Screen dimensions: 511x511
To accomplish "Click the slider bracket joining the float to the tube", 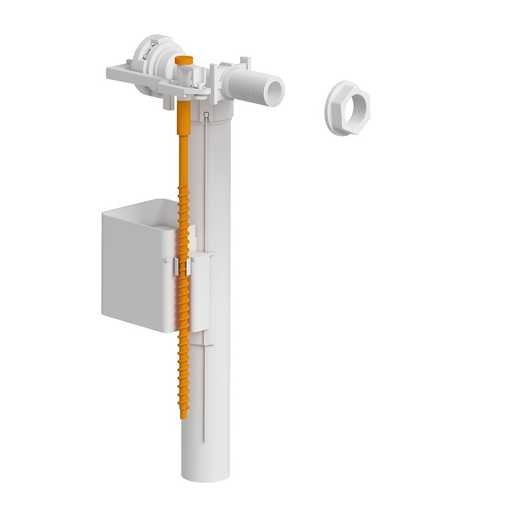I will point(204,293).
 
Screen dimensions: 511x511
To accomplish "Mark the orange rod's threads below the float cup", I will point(182,373).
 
